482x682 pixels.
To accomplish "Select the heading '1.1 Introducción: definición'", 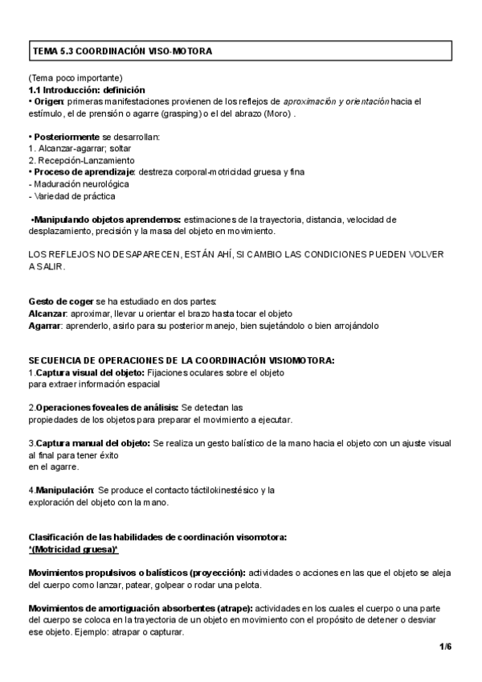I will pyautogui.click(x=87, y=90).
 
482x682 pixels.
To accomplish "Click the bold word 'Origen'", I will pyautogui.click(x=48, y=102).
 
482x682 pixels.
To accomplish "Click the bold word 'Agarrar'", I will pyautogui.click(x=46, y=325).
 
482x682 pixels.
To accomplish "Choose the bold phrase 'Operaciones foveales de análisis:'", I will pyautogui.click(x=105, y=407).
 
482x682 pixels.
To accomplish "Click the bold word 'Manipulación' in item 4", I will pyautogui.click(x=63, y=489).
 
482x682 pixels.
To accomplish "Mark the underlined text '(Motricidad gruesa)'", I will pyautogui.click(x=73, y=548).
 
